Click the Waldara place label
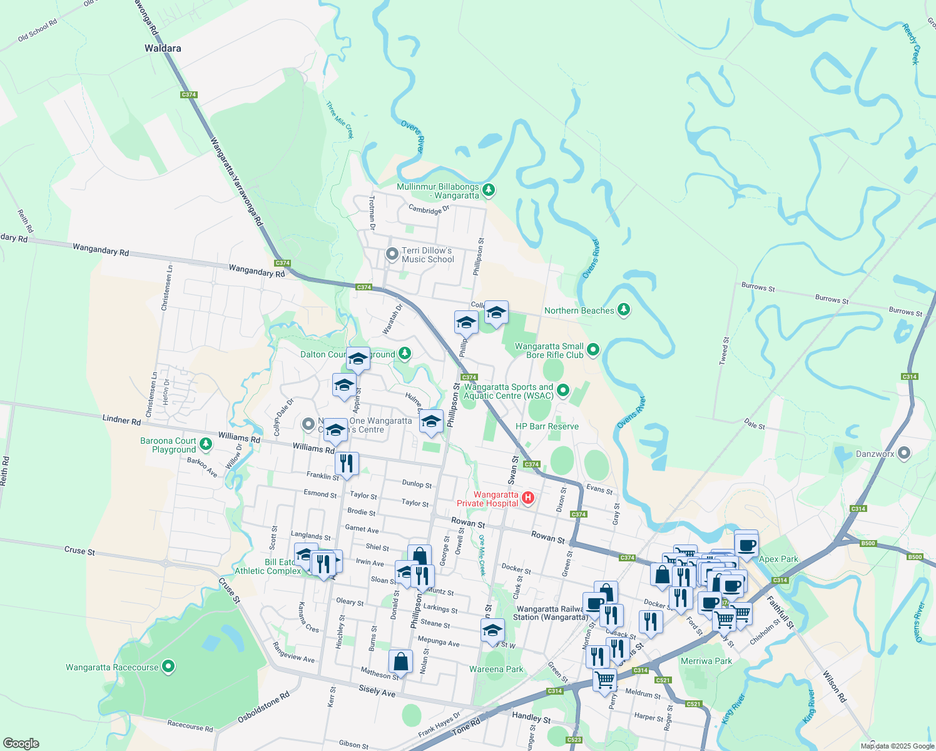[163, 48]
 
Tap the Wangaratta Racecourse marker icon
[168, 667]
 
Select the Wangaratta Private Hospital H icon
[528, 498]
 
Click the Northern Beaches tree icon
[623, 310]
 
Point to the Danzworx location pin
[903, 454]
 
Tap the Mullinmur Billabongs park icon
[489, 189]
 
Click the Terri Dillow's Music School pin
[392, 254]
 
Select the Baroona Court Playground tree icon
[205, 444]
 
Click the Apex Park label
[778, 559]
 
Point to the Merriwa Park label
[706, 661]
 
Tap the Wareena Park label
[496, 669]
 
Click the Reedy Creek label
[911, 44]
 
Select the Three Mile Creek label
[340, 120]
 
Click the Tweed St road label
[725, 351]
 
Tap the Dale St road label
[755, 425]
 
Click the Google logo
[21, 743]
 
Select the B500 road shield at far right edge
[915, 557]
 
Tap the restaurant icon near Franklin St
[346, 464]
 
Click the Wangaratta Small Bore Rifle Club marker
[593, 350]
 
